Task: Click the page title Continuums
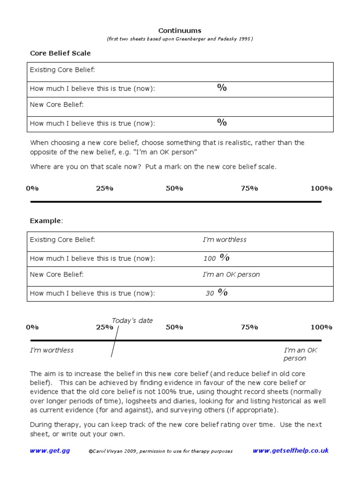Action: point(180,30)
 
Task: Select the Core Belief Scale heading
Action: point(60,53)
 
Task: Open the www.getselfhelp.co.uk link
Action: point(291,450)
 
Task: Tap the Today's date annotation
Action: point(132,321)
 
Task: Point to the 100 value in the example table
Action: point(210,258)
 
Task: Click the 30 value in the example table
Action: point(210,293)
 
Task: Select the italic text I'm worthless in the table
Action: point(225,240)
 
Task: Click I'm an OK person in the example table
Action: point(231,275)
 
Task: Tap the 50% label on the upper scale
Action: point(174,188)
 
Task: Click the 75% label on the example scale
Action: point(249,327)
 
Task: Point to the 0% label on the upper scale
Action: point(32,188)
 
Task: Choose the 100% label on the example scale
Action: point(321,327)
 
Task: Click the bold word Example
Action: point(45,220)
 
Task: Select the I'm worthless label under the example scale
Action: point(52,350)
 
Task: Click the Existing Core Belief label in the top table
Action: point(62,70)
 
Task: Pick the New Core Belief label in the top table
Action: point(57,105)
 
